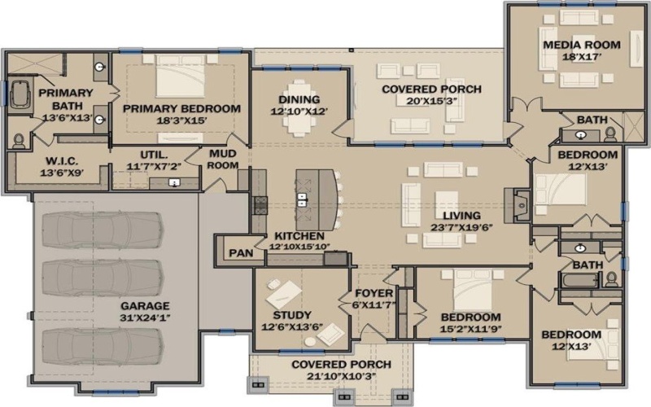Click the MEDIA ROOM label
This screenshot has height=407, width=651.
(581, 45)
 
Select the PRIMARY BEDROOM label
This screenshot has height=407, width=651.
(181, 108)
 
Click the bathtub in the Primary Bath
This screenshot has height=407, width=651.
(17, 94)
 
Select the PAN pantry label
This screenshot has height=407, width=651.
(240, 252)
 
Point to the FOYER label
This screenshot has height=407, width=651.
(374, 293)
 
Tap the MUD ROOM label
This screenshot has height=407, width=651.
(222, 159)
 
